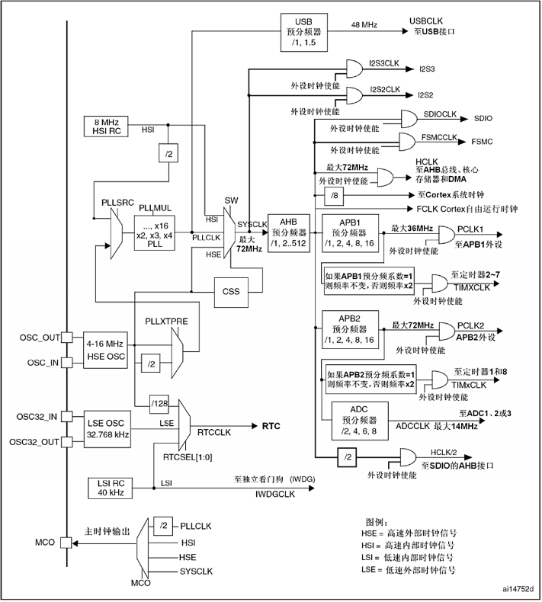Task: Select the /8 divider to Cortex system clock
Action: (x=335, y=197)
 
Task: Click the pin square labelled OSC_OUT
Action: (x=68, y=336)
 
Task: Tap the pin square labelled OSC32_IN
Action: (x=68, y=416)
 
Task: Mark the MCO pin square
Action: (x=68, y=543)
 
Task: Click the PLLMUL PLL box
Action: (x=157, y=231)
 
